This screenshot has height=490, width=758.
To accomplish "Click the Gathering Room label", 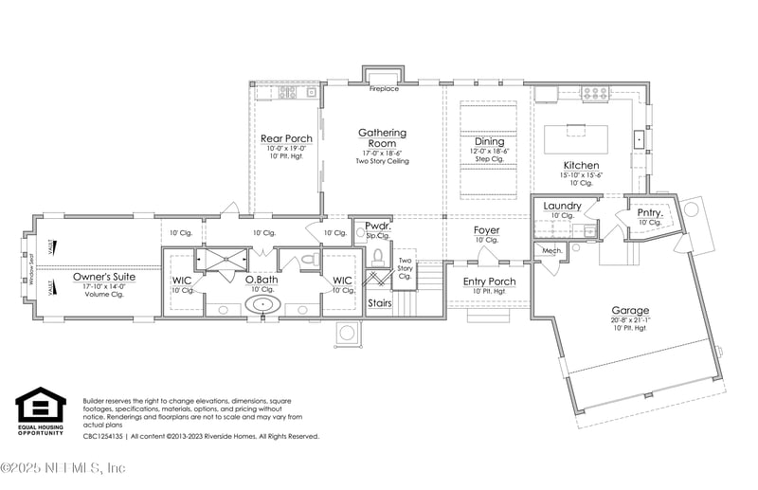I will (x=382, y=138).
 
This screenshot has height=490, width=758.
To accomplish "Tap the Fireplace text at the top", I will (x=384, y=88).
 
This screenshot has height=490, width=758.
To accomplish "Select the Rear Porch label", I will (x=286, y=138).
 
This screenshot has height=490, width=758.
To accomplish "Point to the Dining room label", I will (x=490, y=141).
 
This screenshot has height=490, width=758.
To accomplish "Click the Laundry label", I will (x=562, y=206).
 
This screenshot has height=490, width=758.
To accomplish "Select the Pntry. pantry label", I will (x=649, y=212).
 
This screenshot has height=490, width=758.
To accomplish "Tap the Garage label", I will (x=630, y=310).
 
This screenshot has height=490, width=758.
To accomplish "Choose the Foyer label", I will (x=486, y=230).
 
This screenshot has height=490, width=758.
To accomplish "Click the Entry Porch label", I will (x=489, y=281).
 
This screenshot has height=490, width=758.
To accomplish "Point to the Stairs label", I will (x=379, y=303).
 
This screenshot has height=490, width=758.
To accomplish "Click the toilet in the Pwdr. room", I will (x=379, y=255).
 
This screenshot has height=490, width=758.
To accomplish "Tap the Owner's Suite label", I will (x=104, y=277).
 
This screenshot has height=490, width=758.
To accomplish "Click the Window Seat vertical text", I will (x=30, y=270).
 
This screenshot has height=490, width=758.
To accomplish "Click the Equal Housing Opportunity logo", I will (x=41, y=409).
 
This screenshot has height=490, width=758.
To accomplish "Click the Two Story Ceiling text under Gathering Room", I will (x=382, y=161).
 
